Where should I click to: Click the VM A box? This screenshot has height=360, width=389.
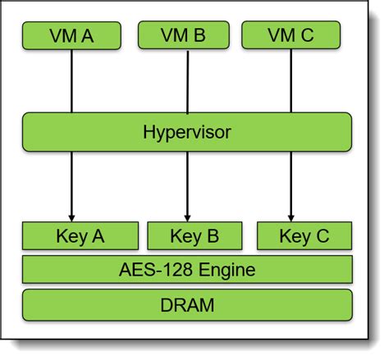pyautogui.click(x=71, y=35)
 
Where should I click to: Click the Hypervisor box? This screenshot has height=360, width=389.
pyautogui.click(x=187, y=132)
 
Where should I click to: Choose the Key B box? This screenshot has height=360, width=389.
pyautogui.click(x=194, y=236)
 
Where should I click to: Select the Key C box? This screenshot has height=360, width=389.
pyautogui.click(x=304, y=236)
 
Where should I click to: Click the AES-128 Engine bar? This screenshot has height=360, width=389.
pyautogui.click(x=187, y=270)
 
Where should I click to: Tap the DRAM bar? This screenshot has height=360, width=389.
pyautogui.click(x=187, y=305)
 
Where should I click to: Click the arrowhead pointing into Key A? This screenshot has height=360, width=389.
pyautogui.click(x=72, y=216)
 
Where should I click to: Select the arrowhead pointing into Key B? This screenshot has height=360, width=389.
pyautogui.click(x=187, y=216)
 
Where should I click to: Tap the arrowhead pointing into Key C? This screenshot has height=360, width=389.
pyautogui.click(x=291, y=216)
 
